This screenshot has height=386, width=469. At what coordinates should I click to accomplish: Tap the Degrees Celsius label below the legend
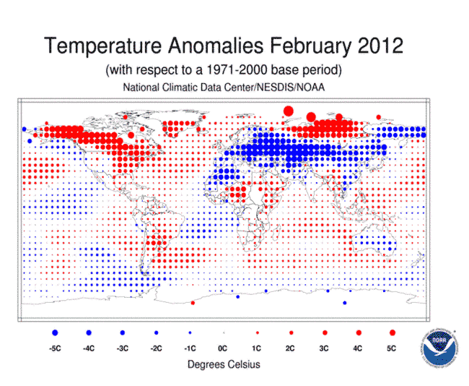pyautogui.click(x=224, y=364)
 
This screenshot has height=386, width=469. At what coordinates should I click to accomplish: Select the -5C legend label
pyautogui.click(x=54, y=348)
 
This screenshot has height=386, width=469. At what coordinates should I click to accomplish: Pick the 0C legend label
pyautogui.click(x=223, y=348)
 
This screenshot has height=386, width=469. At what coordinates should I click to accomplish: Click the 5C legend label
pyautogui.click(x=392, y=348)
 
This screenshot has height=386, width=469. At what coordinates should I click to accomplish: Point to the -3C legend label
pyautogui.click(x=122, y=348)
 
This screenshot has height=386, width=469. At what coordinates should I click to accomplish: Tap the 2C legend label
pyautogui.click(x=291, y=348)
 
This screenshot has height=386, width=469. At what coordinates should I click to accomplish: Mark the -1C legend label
pyautogui.click(x=189, y=348)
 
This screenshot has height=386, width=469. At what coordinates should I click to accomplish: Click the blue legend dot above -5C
pyautogui.click(x=54, y=333)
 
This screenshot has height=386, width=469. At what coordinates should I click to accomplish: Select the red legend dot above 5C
pyautogui.click(x=392, y=333)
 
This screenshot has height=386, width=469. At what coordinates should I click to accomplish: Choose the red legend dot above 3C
pyautogui.click(x=325, y=333)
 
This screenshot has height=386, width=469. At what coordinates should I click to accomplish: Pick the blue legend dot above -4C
pyautogui.click(x=88, y=333)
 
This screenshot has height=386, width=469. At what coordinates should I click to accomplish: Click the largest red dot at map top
pyautogui.click(x=289, y=111)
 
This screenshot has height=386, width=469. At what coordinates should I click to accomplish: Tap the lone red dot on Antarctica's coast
pyautogui.click(x=193, y=304)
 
